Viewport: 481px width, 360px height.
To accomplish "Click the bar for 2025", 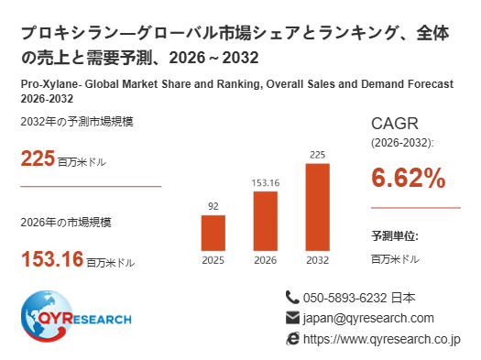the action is point(213,233).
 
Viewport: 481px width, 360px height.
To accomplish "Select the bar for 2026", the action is point(266,221).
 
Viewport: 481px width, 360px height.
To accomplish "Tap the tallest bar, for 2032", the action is point(318,207).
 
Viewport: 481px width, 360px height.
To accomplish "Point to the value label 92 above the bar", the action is point(213,206).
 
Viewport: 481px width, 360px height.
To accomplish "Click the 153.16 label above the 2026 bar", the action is point(266,183).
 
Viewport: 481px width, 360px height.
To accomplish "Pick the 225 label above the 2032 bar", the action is point(318,155).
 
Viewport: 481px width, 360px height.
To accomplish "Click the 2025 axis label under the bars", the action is point(213,260).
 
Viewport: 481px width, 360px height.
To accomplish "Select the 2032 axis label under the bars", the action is point(318,260).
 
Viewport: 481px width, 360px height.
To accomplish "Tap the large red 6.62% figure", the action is point(409,178).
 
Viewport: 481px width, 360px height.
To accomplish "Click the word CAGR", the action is point(395,124).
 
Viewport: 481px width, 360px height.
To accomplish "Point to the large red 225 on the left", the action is point(38,158).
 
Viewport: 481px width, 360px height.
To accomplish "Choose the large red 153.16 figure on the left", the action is point(52,259).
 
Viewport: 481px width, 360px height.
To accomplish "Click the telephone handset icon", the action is point(292,298).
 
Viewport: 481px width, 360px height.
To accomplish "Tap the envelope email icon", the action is point(292,318).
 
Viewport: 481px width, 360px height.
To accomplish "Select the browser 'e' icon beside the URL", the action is point(292,339).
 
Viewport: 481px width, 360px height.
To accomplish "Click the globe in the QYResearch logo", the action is point(47,316).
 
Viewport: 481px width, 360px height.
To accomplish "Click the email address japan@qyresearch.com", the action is point(368,318).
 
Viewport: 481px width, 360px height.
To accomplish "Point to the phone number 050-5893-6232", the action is point(344,298).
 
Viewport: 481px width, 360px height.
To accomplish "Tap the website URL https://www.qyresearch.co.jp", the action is point(382,340).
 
